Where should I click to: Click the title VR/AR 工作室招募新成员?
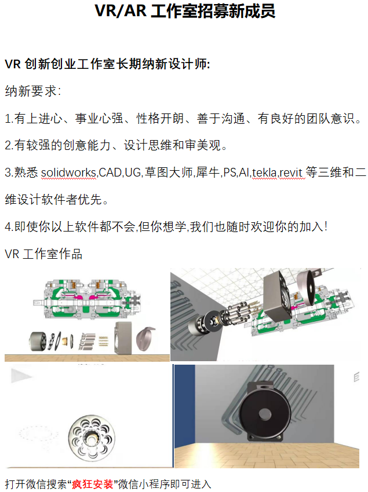(x=185, y=11)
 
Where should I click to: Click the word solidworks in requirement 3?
(x=68, y=172)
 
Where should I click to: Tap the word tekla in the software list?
(x=264, y=172)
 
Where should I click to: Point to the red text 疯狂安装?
(x=92, y=484)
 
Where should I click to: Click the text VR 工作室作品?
(x=43, y=254)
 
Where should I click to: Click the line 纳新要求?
(x=33, y=91)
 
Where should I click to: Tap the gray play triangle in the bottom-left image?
(x=20, y=376)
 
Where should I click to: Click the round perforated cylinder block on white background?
(x=92, y=438)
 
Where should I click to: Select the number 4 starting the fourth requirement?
(x=8, y=226)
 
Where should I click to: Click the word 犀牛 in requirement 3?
(x=207, y=172)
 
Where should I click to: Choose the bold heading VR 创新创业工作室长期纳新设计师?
(x=107, y=64)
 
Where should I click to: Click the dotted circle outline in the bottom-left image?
(x=38, y=434)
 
